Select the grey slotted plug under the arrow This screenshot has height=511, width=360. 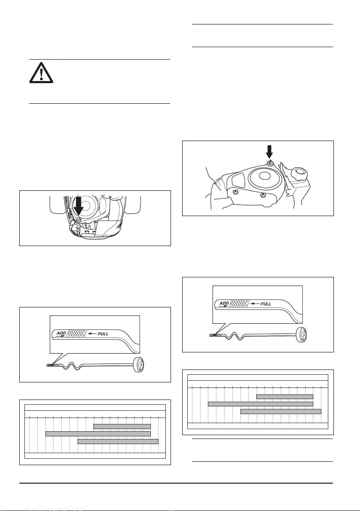tap(78, 219)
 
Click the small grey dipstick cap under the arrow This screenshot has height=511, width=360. tap(270, 163)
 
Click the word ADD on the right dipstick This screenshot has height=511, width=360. tap(225, 303)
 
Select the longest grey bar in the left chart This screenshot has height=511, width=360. tap(98, 434)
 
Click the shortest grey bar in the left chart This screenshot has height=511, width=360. tap(122, 426)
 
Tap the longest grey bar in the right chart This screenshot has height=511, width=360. tap(261, 404)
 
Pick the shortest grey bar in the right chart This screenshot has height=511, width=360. tap(285, 397)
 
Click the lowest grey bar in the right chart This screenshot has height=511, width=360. tap(281, 412)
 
